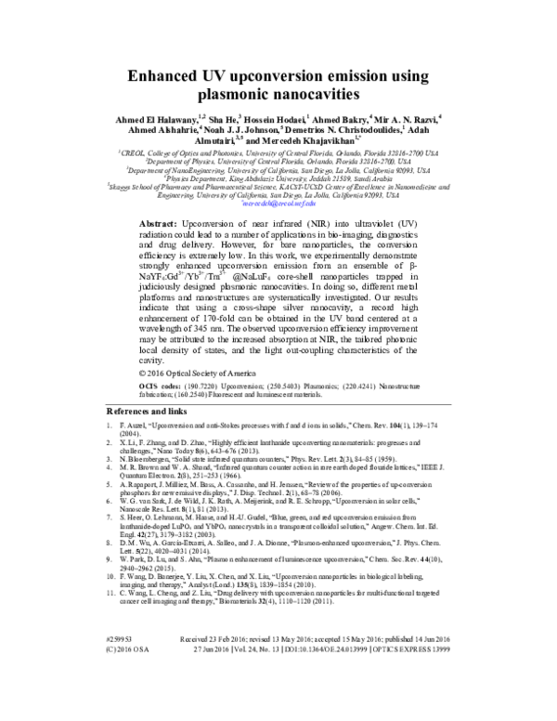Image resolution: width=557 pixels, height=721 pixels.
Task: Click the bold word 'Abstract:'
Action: (x=191, y=226)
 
